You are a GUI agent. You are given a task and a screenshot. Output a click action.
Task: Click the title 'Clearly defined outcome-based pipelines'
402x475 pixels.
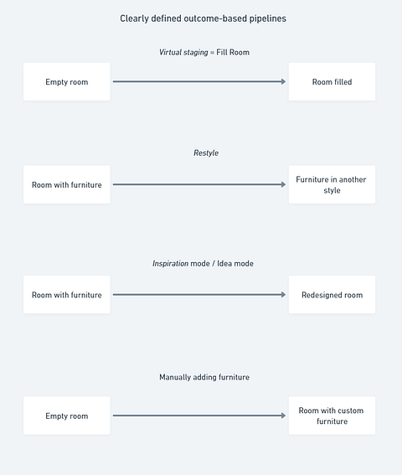coord(203,18)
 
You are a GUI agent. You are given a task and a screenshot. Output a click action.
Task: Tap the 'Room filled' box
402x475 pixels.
coord(332,82)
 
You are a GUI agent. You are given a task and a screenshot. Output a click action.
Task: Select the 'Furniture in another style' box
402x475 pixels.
coord(332,184)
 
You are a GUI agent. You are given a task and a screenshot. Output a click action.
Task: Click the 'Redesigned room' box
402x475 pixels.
coord(332,295)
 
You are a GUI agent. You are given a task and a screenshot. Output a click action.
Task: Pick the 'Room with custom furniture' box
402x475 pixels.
coord(332,416)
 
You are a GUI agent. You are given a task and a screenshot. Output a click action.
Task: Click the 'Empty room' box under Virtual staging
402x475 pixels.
coord(67,82)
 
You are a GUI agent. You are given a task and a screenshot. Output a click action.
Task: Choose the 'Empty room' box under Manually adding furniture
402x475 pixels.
coord(67,416)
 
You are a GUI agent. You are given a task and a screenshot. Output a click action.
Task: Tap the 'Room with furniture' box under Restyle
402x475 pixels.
coord(67,184)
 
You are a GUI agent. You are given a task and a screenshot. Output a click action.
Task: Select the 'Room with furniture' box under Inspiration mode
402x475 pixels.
coord(67,295)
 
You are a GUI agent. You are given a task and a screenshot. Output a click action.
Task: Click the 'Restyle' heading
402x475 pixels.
coord(206,153)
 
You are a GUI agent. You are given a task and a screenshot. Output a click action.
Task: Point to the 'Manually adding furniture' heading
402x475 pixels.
coord(204,377)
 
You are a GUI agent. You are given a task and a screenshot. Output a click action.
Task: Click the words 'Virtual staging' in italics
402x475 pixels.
coord(183,53)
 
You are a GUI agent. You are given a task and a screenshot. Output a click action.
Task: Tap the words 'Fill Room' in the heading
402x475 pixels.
coord(233,52)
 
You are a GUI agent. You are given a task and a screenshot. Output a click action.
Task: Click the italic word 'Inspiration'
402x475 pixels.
coord(170,264)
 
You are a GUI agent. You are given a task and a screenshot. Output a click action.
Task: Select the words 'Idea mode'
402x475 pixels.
coord(235,264)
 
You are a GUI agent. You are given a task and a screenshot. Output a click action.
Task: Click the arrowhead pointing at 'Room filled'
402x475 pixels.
coord(284,81)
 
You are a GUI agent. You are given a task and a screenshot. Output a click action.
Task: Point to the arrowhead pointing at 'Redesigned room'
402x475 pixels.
coord(284,294)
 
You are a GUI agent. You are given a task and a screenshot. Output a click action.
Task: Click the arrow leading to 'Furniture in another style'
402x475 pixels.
coord(199,184)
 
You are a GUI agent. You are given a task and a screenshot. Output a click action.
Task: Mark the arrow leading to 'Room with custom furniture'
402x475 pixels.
coord(199,416)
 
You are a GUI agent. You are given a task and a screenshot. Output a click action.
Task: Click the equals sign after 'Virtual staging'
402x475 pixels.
coord(213,53)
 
